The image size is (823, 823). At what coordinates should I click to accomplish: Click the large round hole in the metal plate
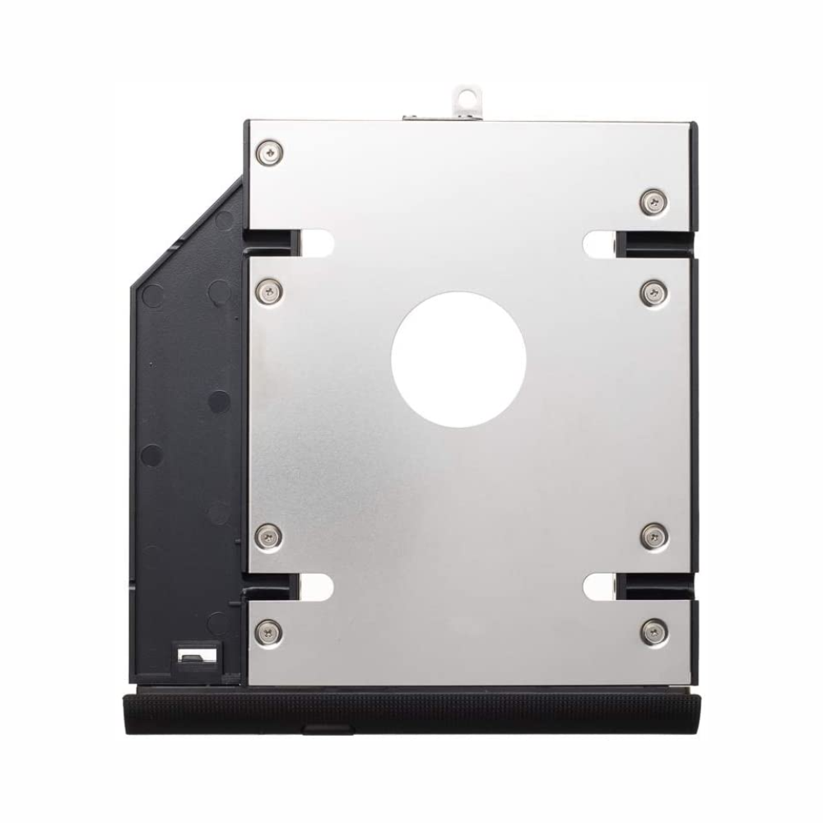[x=458, y=359]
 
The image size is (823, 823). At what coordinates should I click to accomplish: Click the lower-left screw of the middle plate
[x=270, y=536]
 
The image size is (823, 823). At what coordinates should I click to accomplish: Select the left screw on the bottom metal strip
[x=270, y=631]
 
